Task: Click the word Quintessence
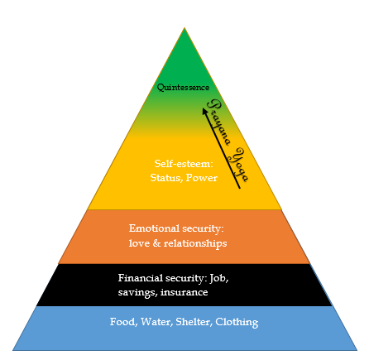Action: tap(183, 88)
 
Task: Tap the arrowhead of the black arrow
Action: tap(205, 112)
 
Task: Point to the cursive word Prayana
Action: tap(218, 122)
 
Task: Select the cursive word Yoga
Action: tap(239, 165)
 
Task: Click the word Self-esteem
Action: tap(184, 164)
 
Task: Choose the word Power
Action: tap(202, 178)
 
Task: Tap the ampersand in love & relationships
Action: tap(156, 243)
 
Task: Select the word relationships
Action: tap(195, 243)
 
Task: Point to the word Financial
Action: tap(141, 278)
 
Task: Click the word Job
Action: tap(219, 278)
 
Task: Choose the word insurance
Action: tap(184, 292)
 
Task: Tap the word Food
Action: tap(123, 322)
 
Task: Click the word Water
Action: tap(156, 322)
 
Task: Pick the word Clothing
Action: tap(237, 322)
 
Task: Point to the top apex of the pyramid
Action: tap(184, 27)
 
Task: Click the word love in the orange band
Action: tap(139, 243)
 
